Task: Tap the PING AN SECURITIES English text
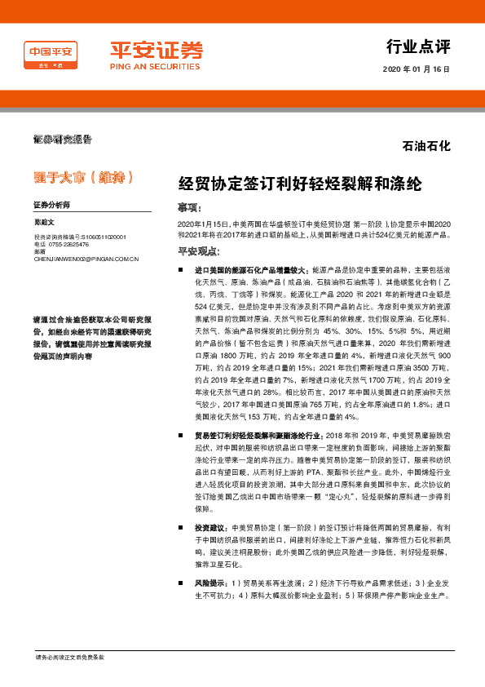[x=156, y=68]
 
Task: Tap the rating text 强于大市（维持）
[x=82, y=176]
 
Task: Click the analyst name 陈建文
[x=43, y=220]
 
